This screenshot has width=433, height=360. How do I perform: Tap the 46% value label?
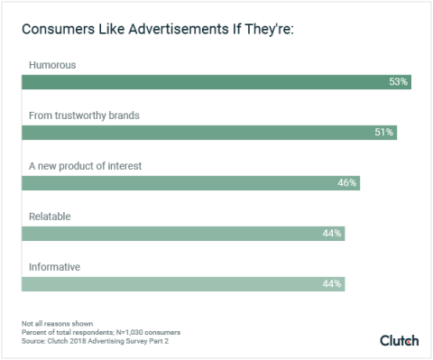pyautogui.click(x=347, y=182)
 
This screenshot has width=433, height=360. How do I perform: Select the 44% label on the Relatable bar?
pyautogui.click(x=332, y=234)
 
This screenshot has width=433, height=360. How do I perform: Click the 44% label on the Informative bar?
pyautogui.click(x=332, y=284)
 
